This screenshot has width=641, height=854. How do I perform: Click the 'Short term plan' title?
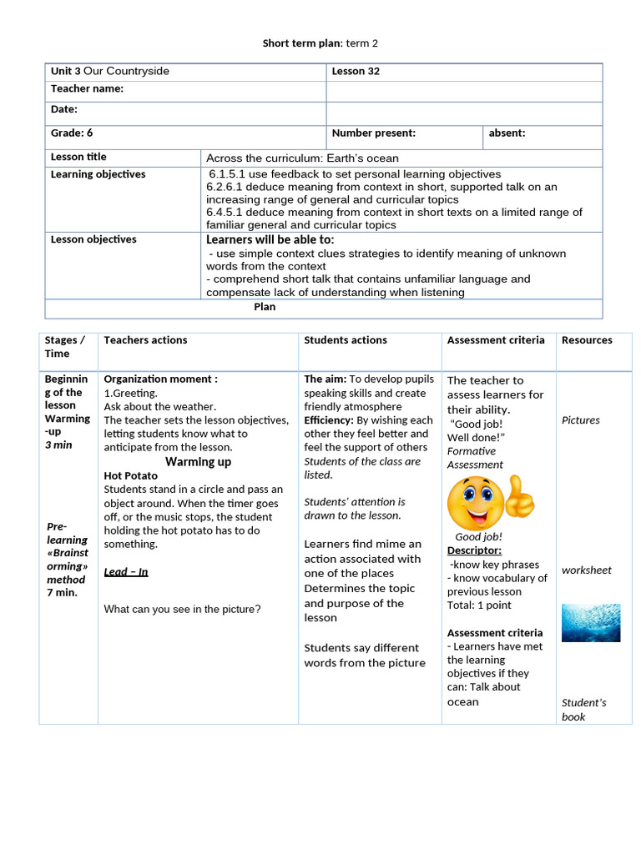(x=321, y=43)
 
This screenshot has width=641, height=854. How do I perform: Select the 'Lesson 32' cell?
(x=356, y=72)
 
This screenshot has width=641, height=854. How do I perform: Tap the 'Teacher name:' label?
(x=87, y=88)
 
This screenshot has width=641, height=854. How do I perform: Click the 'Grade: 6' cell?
(x=72, y=133)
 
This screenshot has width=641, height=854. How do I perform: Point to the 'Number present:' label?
(x=373, y=133)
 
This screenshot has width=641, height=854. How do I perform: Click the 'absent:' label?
(x=507, y=133)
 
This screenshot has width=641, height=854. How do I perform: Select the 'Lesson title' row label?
(x=78, y=157)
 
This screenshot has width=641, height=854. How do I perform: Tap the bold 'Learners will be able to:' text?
(x=270, y=239)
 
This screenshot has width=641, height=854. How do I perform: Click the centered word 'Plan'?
(x=265, y=307)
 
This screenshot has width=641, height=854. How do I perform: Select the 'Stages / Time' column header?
(x=65, y=347)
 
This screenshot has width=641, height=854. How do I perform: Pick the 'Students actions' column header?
(x=346, y=340)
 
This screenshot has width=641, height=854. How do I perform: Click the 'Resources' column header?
(x=587, y=340)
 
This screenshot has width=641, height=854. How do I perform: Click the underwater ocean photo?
(x=590, y=622)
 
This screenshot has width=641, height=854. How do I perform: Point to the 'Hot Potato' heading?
(x=130, y=476)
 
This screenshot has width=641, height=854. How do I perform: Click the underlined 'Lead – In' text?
(x=126, y=572)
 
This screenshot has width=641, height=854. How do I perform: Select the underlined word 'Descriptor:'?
(x=474, y=550)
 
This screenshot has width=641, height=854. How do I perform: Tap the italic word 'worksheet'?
(x=586, y=570)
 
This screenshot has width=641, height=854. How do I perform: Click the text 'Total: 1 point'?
(x=479, y=605)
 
